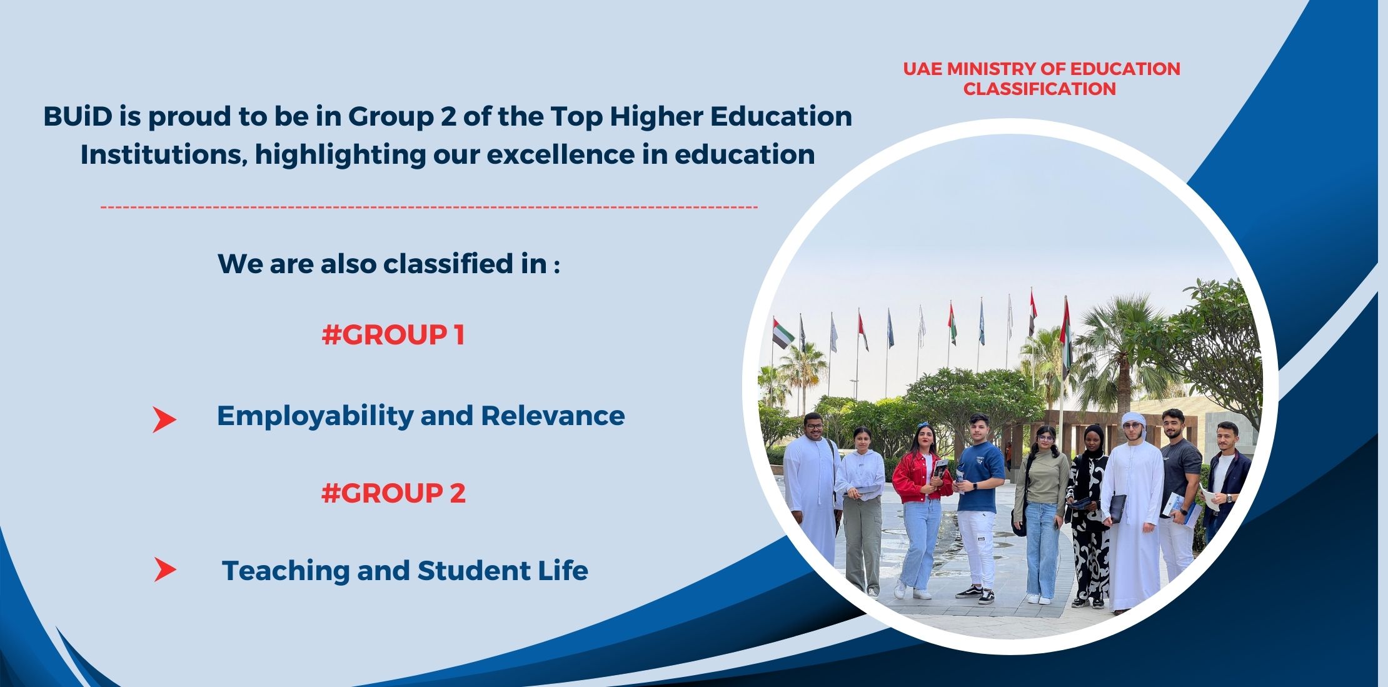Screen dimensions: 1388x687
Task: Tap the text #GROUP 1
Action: point(393,335)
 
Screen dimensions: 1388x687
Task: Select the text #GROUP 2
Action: point(393,493)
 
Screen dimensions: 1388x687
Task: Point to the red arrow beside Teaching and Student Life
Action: point(165,569)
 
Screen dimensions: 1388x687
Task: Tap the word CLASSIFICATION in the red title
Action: point(1039,89)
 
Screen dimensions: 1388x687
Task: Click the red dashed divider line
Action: point(429,206)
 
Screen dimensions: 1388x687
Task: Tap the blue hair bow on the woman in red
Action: point(924,427)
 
